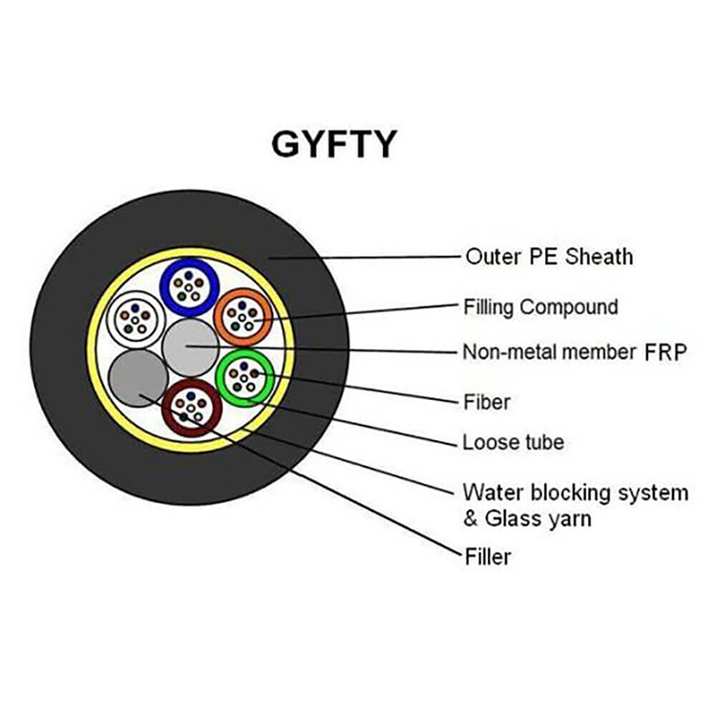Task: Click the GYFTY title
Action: pyautogui.click(x=334, y=144)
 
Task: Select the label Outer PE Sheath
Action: pyautogui.click(x=549, y=257)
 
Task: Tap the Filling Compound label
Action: pyautogui.click(x=541, y=306)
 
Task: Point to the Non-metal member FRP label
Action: pyautogui.click(x=575, y=352)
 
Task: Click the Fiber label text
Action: pyautogui.click(x=487, y=402)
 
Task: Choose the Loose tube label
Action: pyautogui.click(x=514, y=442)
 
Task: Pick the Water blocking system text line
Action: pyautogui.click(x=576, y=493)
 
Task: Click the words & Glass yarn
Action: pyautogui.click(x=527, y=518)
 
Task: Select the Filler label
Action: pyautogui.click(x=488, y=557)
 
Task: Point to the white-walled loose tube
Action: pyautogui.click(x=110, y=320)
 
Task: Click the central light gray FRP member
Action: pyautogui.click(x=191, y=347)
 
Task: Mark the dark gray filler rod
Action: pyautogui.click(x=138, y=378)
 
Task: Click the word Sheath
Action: pyautogui.click(x=600, y=257)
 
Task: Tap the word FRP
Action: pyautogui.click(x=665, y=352)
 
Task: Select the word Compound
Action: pyautogui.click(x=569, y=306)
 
